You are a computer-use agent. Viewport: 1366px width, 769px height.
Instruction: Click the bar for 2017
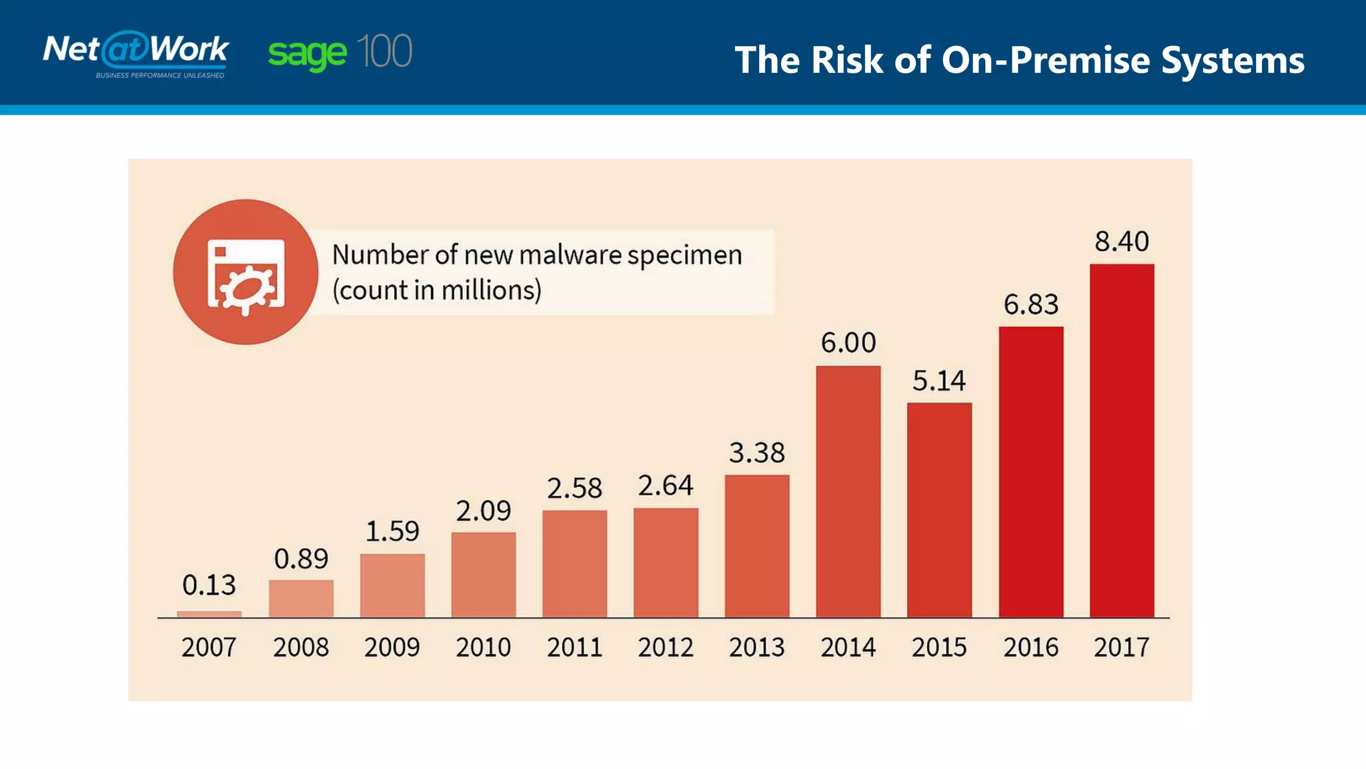(x=1122, y=441)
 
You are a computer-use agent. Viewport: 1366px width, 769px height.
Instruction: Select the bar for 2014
(x=848, y=491)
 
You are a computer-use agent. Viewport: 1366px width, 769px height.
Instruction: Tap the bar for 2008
(x=301, y=599)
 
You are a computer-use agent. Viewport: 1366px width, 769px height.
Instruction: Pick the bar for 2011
(x=574, y=564)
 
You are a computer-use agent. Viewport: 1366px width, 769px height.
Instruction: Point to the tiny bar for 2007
(x=209, y=614)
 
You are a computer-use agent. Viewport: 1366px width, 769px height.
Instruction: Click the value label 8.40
(x=1122, y=242)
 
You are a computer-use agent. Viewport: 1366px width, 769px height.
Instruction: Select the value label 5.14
(x=939, y=381)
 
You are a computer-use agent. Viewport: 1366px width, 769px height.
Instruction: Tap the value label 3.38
(x=757, y=453)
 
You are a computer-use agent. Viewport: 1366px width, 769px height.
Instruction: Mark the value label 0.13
(x=209, y=585)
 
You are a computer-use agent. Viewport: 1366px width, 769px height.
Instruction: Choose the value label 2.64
(x=666, y=486)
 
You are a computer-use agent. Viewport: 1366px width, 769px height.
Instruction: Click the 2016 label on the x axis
(x=1031, y=648)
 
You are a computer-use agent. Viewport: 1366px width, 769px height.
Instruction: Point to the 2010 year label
(x=483, y=648)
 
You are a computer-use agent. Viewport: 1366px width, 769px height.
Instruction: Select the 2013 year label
(x=757, y=648)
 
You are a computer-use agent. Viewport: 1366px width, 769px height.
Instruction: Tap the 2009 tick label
(x=392, y=648)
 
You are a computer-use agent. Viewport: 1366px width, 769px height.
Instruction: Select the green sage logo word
(x=307, y=53)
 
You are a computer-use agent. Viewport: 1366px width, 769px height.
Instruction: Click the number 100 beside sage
(x=384, y=51)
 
